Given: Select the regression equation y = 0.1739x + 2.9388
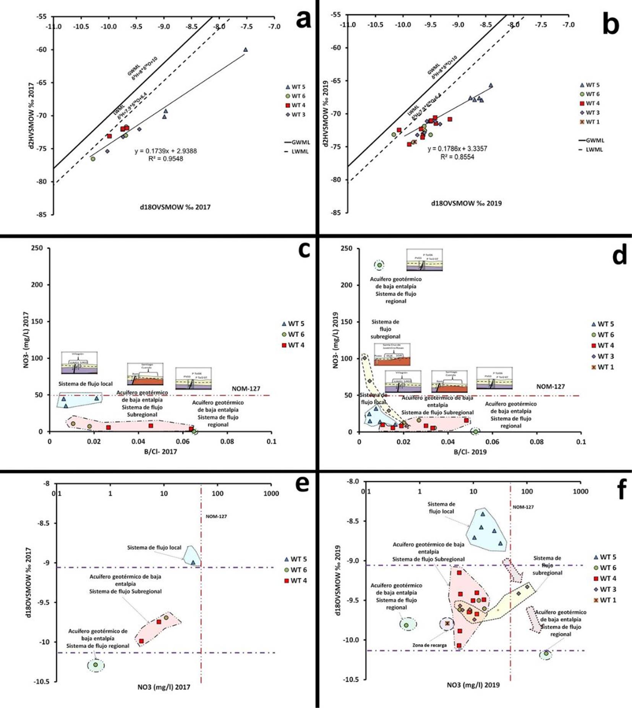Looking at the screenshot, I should point(165,151).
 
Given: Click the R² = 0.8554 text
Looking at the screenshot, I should point(457,157).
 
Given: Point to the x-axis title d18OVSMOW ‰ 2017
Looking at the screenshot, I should point(175,207).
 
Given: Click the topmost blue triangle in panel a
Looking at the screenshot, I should point(245,49).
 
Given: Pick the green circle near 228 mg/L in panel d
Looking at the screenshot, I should point(379,265).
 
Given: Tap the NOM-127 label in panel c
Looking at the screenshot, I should point(246,389).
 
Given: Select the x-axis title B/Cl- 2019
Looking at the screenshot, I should point(470,452).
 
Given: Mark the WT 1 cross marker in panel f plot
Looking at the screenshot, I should point(447,623).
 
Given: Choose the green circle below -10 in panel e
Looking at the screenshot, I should point(96,664).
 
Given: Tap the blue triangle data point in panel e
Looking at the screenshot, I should point(193,562).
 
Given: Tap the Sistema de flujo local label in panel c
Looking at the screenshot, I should point(86,384).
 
